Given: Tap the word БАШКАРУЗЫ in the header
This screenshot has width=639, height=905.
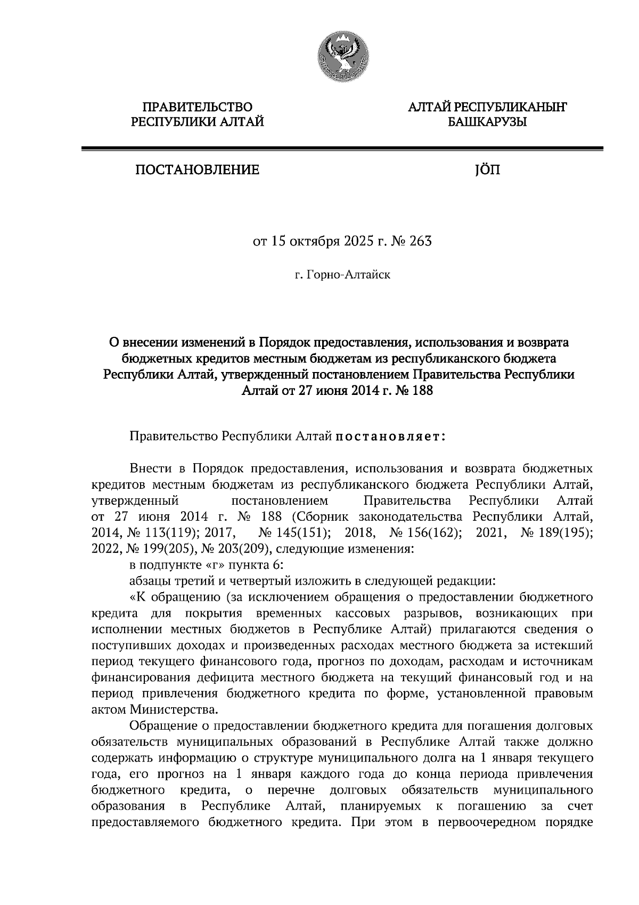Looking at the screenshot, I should tap(487, 123).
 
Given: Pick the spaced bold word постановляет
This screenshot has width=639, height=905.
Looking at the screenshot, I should tap(389, 437).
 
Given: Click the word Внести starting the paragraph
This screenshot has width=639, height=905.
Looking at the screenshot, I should tap(151, 468).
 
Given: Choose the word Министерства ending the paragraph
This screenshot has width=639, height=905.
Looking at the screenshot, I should tap(174, 710).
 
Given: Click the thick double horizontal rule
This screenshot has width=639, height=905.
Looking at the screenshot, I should tap(341, 149).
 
